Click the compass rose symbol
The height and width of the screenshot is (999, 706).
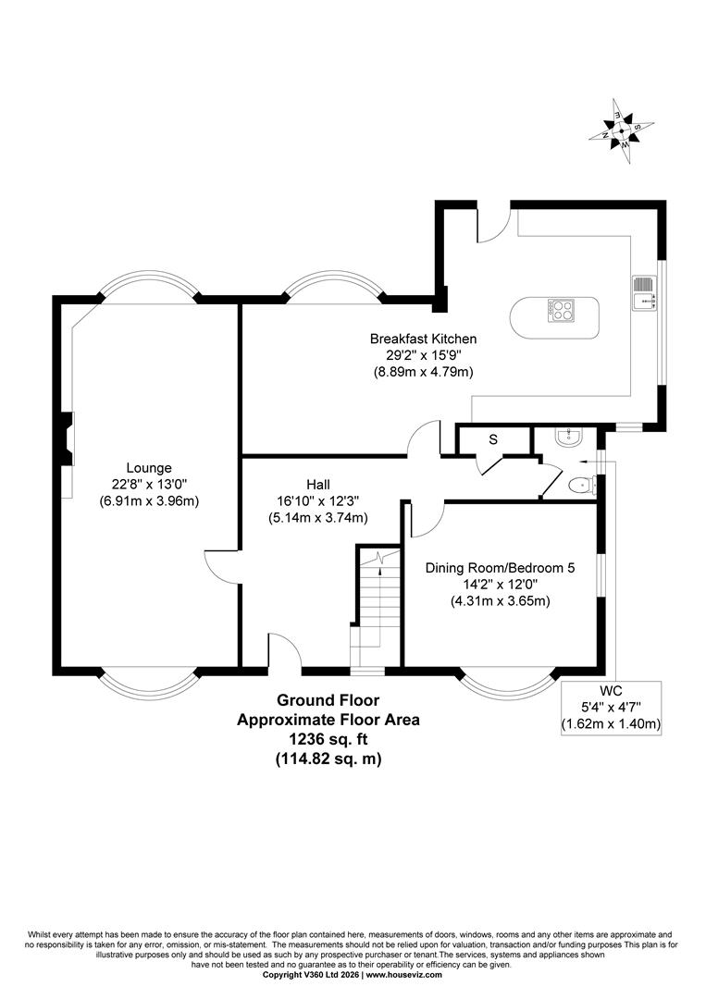620,131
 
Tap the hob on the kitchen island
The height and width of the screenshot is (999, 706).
560,310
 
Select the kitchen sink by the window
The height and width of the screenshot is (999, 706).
645,293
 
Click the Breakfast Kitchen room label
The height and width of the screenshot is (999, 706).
423,339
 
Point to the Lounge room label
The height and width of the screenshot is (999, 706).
149,468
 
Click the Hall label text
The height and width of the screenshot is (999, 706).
318,485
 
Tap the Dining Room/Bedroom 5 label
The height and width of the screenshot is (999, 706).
501,567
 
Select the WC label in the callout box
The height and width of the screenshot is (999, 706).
611,691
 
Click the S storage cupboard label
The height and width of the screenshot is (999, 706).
493,439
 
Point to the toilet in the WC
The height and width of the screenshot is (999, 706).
582,487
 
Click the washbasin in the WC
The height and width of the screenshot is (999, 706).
567,437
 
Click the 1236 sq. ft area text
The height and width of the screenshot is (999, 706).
328,739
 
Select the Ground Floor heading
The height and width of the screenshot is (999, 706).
328,700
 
